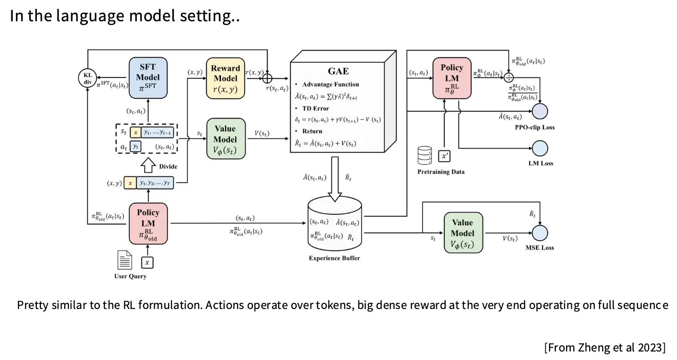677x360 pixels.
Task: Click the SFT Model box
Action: coord(148,78)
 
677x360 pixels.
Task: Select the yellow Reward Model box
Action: coord(226,78)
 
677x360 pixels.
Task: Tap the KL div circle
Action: coord(88,78)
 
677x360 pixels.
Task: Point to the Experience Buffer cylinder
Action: coord(335,225)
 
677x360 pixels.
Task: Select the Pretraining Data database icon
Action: coord(425,155)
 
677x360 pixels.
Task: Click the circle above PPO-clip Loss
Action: coord(540,111)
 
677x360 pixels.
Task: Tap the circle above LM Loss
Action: coord(540,148)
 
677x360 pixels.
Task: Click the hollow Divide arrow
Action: coord(148,166)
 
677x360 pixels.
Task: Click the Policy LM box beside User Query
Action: coord(148,223)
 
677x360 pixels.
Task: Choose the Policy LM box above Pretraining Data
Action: coord(452,78)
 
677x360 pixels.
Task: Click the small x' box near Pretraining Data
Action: coord(444,155)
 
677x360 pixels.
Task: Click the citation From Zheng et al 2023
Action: coord(604,348)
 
